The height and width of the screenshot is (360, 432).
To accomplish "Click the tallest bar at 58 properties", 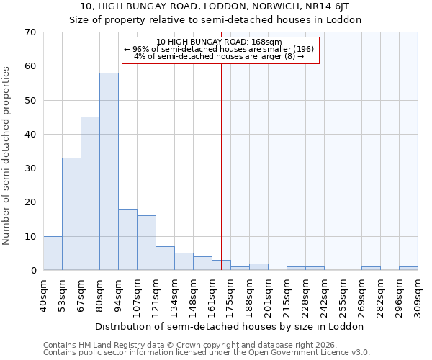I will coord(109,171).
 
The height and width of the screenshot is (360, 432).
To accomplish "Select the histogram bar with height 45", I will coord(90,193).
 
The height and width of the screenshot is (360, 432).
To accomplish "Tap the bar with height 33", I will coord(71,214).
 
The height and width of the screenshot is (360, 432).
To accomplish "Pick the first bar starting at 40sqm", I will coord(53,253).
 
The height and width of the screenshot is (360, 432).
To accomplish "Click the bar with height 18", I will coord(127,239).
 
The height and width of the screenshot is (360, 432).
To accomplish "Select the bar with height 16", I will coord(146,243).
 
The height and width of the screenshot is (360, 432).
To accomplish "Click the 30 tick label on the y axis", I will coord(30,168).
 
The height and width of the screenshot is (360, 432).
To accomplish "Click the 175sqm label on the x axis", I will coord(231,295).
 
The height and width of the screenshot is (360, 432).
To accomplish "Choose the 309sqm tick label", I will coord(418,295).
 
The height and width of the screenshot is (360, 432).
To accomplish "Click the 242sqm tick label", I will coord(325,295).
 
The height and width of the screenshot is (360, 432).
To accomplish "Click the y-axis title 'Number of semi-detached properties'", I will coord(7,155).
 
